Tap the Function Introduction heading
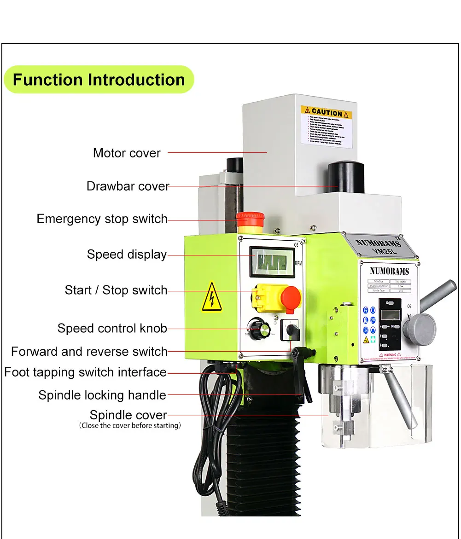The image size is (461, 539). click(x=99, y=80)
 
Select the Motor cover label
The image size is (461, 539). click(x=127, y=153)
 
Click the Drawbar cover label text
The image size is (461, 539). click(x=128, y=186)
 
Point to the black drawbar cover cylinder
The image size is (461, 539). click(x=346, y=177)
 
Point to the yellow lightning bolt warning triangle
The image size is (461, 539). click(x=211, y=297)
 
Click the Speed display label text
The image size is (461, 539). click(x=127, y=255)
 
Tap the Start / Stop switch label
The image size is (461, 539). click(x=116, y=290)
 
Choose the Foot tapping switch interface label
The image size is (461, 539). click(x=85, y=372)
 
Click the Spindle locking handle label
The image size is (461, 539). click(x=102, y=395)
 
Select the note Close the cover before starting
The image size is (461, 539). click(x=130, y=426)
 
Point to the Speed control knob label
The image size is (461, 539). click(x=112, y=329)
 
